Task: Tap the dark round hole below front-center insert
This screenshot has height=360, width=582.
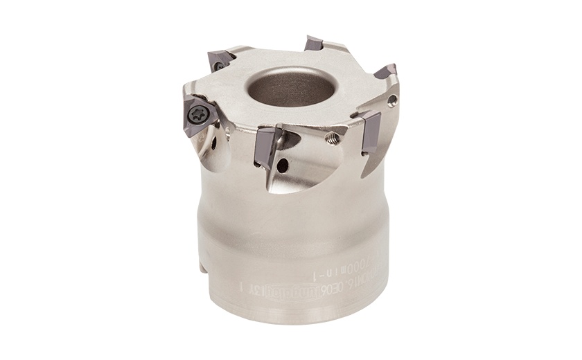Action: coord(283,166)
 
